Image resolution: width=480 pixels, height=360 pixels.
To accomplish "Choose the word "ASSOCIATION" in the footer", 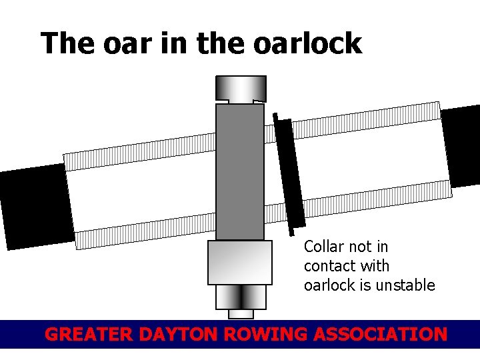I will click(x=382, y=334).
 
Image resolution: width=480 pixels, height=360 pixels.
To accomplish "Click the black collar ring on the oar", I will click(x=289, y=174).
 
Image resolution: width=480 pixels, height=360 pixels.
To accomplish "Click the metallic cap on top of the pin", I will click(x=240, y=88).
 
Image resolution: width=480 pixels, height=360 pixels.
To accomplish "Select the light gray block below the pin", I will click(x=240, y=263).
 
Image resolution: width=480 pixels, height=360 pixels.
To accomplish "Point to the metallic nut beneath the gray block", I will click(x=240, y=297).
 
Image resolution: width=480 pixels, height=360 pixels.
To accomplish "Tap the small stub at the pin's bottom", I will click(x=241, y=314).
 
